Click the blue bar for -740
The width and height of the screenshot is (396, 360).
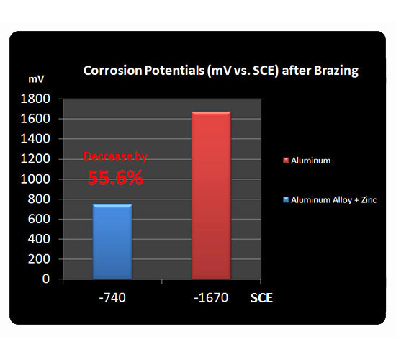[x=112, y=241]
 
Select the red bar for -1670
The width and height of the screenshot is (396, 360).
[x=211, y=195]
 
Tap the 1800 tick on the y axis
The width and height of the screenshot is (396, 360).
[x=35, y=99]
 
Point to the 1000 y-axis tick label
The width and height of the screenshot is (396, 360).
[x=35, y=179]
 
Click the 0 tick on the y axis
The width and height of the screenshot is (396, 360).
[x=46, y=279]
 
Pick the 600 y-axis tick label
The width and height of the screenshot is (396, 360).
[x=39, y=219]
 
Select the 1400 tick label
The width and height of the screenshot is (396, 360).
[x=35, y=139]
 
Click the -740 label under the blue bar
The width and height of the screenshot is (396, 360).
[x=112, y=297]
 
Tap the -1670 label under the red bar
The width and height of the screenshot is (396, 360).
[x=211, y=297]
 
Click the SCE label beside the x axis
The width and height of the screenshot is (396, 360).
[x=261, y=298]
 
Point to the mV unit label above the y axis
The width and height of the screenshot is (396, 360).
[x=36, y=79]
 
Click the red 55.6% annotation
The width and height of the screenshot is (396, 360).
[x=115, y=178]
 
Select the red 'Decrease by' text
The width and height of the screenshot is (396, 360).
[x=115, y=157]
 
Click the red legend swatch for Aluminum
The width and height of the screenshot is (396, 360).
[x=286, y=161]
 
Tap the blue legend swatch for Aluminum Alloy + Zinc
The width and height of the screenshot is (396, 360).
[x=286, y=200]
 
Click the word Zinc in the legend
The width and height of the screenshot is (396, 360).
[x=369, y=200]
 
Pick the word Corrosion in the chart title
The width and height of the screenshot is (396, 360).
[x=112, y=71]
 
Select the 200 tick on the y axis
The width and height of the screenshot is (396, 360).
[x=39, y=259]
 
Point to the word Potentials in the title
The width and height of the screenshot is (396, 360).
[x=174, y=71]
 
